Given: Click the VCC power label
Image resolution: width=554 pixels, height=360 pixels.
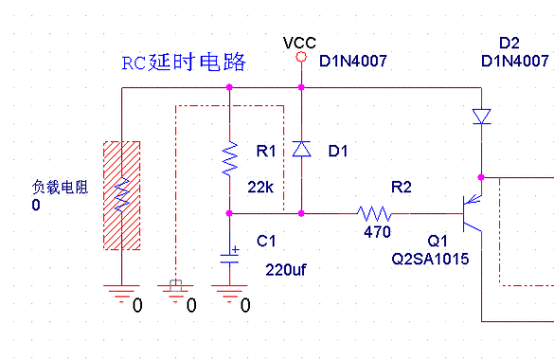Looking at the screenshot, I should click(299, 43).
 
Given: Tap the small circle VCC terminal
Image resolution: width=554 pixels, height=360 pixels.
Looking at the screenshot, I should click(300, 58).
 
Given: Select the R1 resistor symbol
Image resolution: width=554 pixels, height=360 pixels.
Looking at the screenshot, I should click(229, 159).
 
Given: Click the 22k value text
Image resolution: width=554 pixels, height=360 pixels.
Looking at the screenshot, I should click(261, 186).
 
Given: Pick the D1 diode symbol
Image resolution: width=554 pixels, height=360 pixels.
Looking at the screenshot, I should click(300, 150).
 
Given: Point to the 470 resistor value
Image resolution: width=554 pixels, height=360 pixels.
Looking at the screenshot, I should click(376, 231).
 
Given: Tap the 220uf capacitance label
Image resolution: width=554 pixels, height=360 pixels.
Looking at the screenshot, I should click(285, 270).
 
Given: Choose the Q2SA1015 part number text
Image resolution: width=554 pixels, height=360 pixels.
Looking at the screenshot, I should click(430, 258).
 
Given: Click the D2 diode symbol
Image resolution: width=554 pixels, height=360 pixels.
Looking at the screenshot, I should click(481, 117).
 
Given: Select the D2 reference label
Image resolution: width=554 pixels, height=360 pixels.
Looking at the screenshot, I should click(509, 44).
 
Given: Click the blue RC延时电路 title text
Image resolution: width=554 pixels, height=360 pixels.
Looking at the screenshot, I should click(183, 63).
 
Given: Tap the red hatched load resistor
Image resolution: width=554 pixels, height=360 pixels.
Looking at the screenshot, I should click(121, 196).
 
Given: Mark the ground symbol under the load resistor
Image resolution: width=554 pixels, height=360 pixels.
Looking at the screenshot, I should click(121, 296).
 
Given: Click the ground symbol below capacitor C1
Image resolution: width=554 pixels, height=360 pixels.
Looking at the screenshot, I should click(229, 296).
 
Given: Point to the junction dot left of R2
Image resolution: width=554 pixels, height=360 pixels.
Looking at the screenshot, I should click(300, 212).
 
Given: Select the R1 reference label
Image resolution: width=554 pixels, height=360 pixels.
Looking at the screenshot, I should click(266, 152).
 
